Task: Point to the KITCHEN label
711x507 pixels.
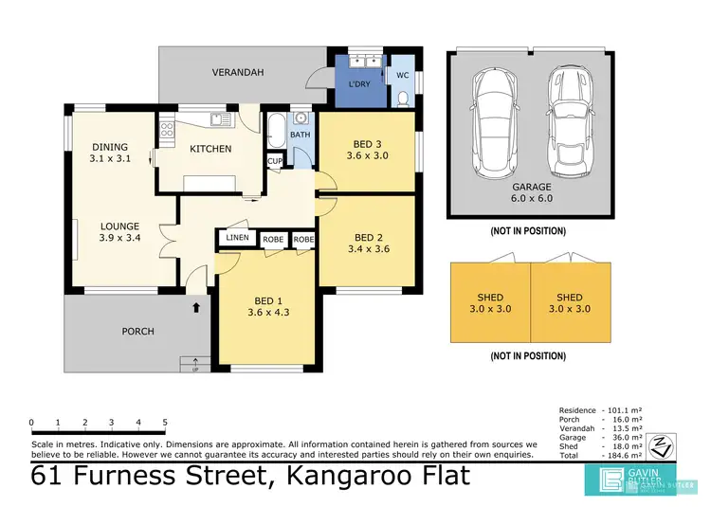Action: pyautogui.click(x=210, y=149)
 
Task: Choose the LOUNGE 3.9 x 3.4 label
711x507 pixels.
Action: pyautogui.click(x=119, y=232)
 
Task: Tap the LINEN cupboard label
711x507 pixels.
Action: pyautogui.click(x=237, y=239)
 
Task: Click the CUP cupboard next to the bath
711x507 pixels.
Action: pyautogui.click(x=274, y=161)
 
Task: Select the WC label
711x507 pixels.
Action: pyautogui.click(x=402, y=74)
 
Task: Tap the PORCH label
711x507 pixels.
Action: pyautogui.click(x=137, y=331)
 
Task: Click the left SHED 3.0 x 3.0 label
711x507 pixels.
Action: pyautogui.click(x=490, y=302)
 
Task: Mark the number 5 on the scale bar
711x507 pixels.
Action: pyautogui.click(x=165, y=423)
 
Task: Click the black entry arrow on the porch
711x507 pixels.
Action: pyautogui.click(x=196, y=307)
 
